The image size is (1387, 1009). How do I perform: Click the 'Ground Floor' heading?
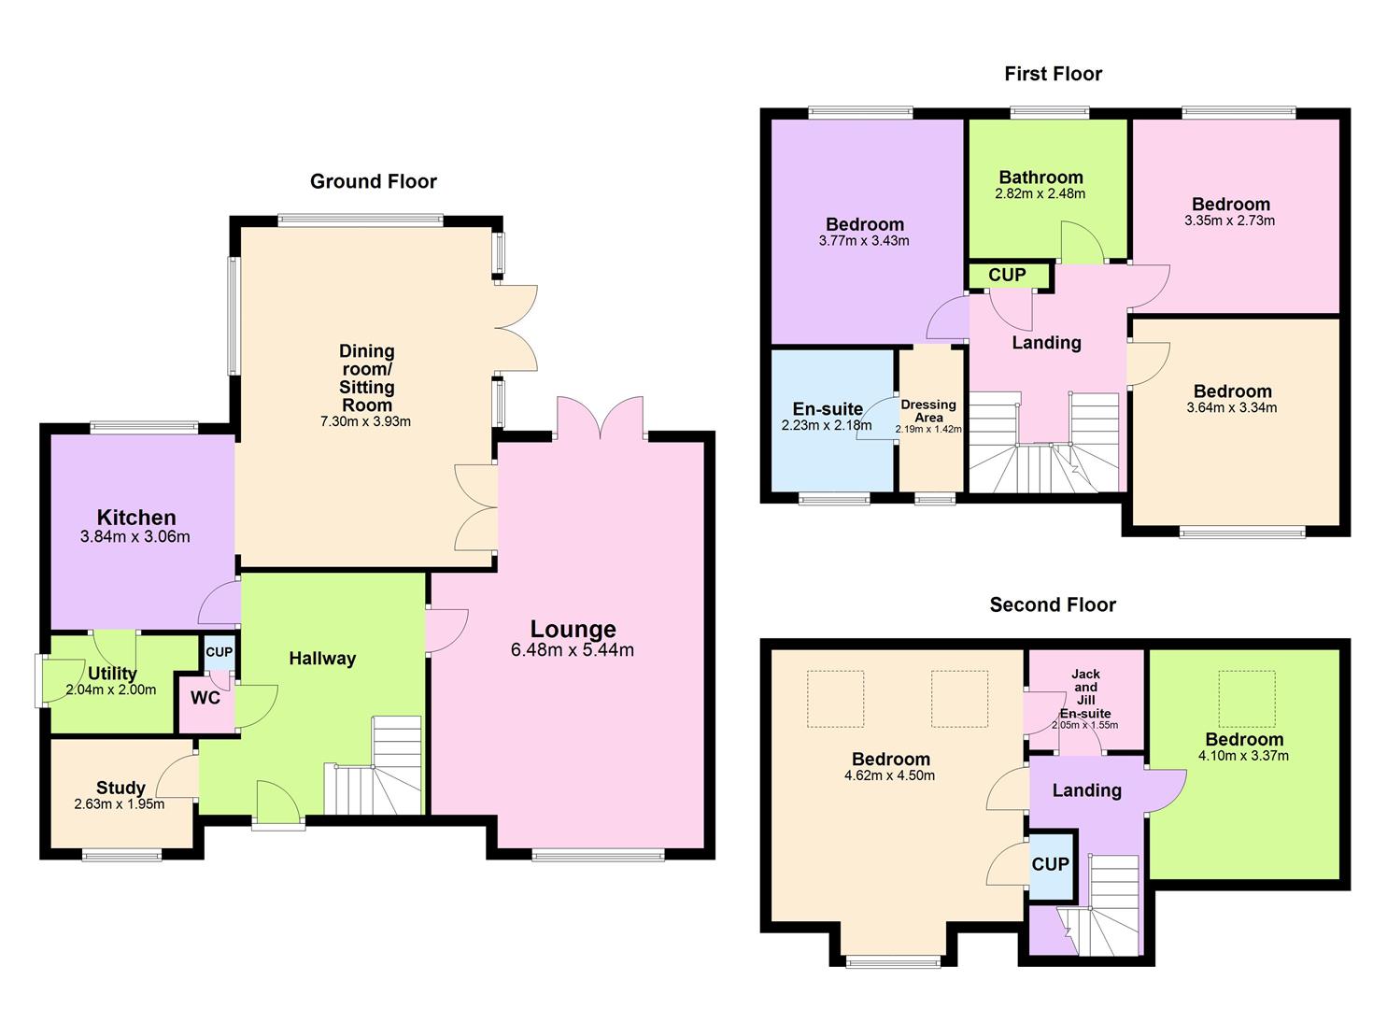pos(373,181)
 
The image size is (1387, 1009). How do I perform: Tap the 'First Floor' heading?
pos(1053,74)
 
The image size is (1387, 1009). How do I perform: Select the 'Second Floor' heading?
pos(1053,605)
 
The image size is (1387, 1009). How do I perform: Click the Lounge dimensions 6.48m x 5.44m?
pos(572,650)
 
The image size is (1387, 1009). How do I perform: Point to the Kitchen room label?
pos(136,518)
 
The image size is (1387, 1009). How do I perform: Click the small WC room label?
pos(205,698)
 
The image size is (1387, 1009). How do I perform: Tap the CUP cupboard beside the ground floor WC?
pos(219,652)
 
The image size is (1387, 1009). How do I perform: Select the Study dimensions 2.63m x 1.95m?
pos(119,804)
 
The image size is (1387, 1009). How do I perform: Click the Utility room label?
pos(112,674)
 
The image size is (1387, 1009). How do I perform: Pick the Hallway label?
pos(322,659)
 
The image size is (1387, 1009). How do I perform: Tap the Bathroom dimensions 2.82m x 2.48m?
pos(1040,194)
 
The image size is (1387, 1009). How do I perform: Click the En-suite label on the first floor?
pos(828,409)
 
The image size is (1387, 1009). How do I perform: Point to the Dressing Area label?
pos(928,411)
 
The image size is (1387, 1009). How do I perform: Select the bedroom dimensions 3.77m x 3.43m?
pos(864,241)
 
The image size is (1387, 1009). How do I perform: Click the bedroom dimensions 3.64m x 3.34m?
pos(1231,407)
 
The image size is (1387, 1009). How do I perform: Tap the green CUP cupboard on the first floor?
pos(1007,276)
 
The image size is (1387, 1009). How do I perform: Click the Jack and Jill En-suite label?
pos(1085,693)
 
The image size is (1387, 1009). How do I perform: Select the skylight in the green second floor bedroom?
pos(1247,698)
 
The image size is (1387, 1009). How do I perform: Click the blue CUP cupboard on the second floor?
pos(1050,864)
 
